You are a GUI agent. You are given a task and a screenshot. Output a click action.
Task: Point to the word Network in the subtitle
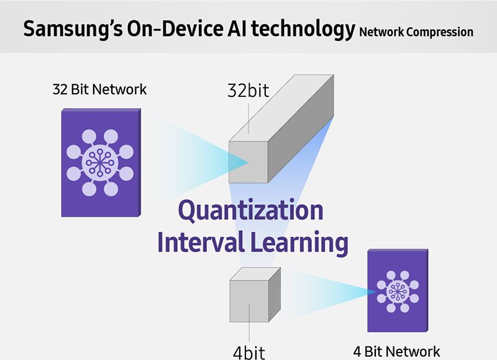click(378, 32)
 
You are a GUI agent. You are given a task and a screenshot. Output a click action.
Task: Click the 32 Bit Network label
click(99, 89)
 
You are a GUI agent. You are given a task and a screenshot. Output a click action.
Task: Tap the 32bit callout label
click(248, 91)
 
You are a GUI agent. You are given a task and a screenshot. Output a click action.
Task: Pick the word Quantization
click(251, 210)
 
